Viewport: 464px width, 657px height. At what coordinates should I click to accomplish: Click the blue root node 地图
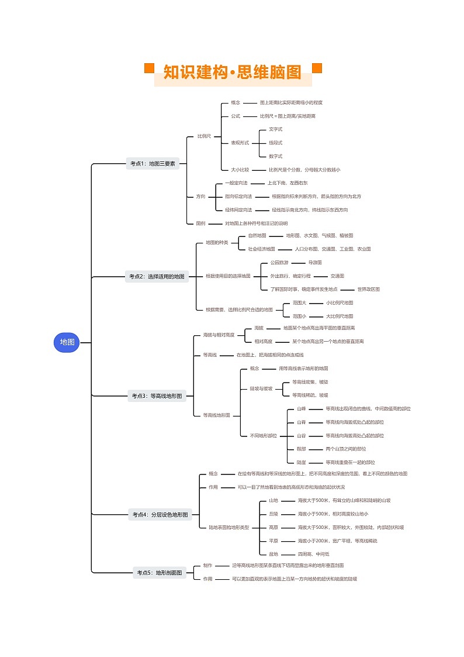tap(67, 342)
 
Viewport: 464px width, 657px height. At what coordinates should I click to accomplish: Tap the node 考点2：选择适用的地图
tap(157, 277)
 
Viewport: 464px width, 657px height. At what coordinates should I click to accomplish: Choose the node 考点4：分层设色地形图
tap(160, 515)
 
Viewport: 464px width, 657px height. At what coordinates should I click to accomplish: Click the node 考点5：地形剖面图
tap(160, 572)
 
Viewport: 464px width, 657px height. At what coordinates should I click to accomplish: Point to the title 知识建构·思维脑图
tap(233, 73)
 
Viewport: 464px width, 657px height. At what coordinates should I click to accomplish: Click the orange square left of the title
tap(149, 68)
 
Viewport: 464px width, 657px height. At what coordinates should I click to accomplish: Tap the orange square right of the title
tap(317, 68)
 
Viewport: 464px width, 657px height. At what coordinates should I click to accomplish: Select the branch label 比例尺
tap(204, 136)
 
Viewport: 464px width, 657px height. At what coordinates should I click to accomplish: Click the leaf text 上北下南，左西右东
tap(288, 183)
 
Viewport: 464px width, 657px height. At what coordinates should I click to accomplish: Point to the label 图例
tap(200, 223)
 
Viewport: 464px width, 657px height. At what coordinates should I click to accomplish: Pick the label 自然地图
tap(257, 236)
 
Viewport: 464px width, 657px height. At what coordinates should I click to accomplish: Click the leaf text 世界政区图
tap(369, 289)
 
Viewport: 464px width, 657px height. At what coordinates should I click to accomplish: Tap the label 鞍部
tap(301, 449)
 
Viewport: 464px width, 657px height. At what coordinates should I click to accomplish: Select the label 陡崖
tap(301, 462)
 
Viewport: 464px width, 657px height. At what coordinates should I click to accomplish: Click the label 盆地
tap(273, 553)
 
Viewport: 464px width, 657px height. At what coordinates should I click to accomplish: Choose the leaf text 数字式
tap(275, 156)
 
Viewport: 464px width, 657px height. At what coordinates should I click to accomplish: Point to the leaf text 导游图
tap(315, 263)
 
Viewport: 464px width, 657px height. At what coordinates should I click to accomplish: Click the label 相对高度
tap(263, 341)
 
